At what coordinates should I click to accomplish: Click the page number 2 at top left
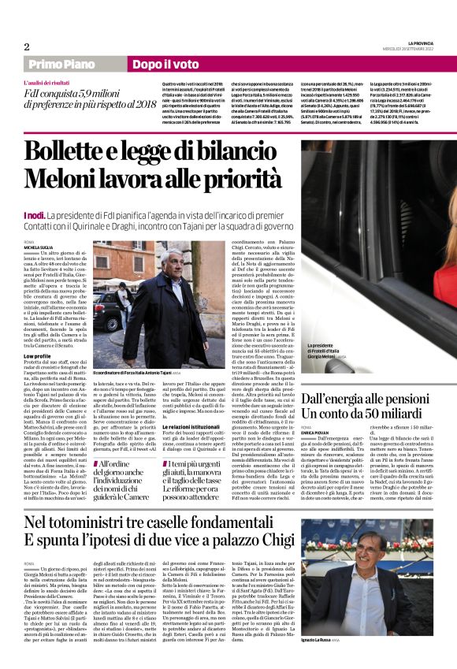pyautogui.click(x=26, y=46)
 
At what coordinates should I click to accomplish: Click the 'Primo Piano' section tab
pyautogui.click(x=72, y=63)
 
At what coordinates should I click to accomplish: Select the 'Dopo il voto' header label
pyautogui.click(x=165, y=63)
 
